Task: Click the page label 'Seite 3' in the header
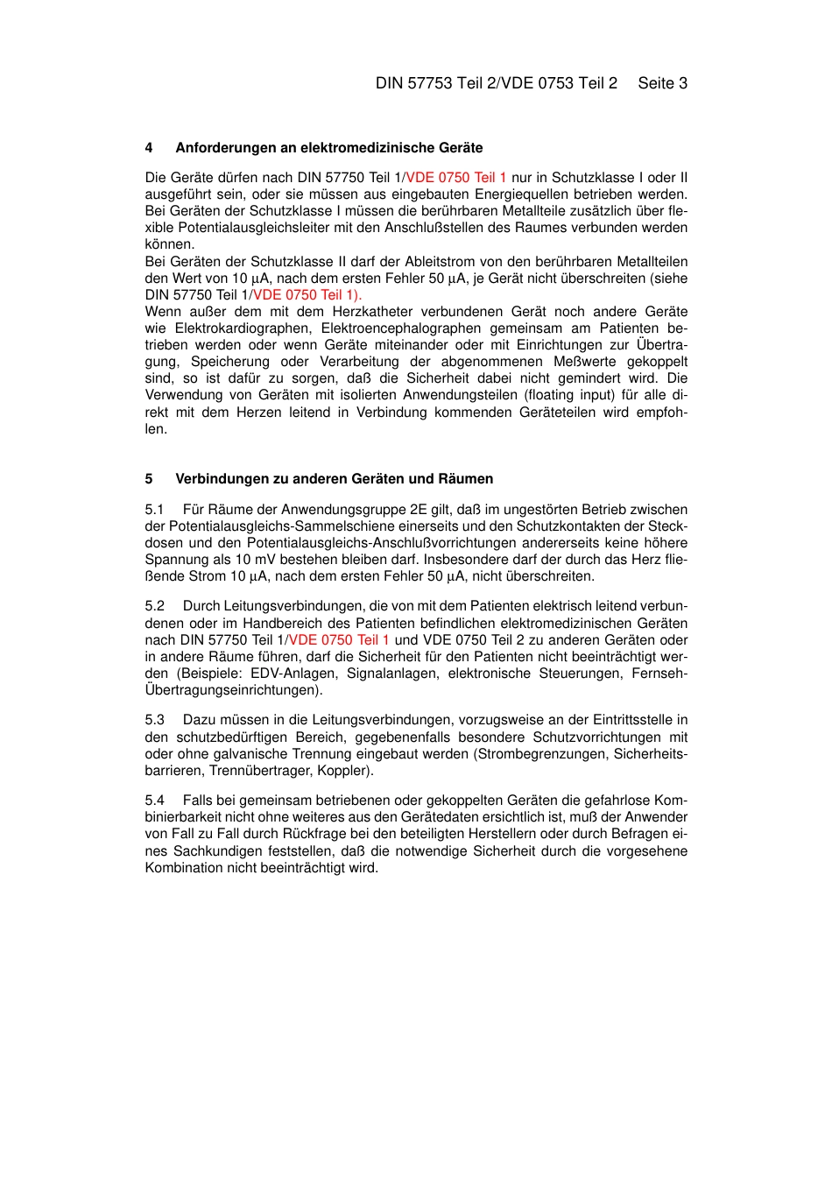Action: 662,83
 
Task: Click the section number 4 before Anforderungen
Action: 149,148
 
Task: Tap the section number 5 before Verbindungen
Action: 149,479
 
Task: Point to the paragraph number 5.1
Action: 154,510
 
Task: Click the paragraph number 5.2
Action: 154,606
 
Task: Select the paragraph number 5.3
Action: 154,720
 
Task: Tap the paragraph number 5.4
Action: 154,801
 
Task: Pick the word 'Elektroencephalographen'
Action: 401,328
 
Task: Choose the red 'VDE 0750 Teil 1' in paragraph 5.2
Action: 339,640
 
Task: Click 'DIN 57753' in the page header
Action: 413,83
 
